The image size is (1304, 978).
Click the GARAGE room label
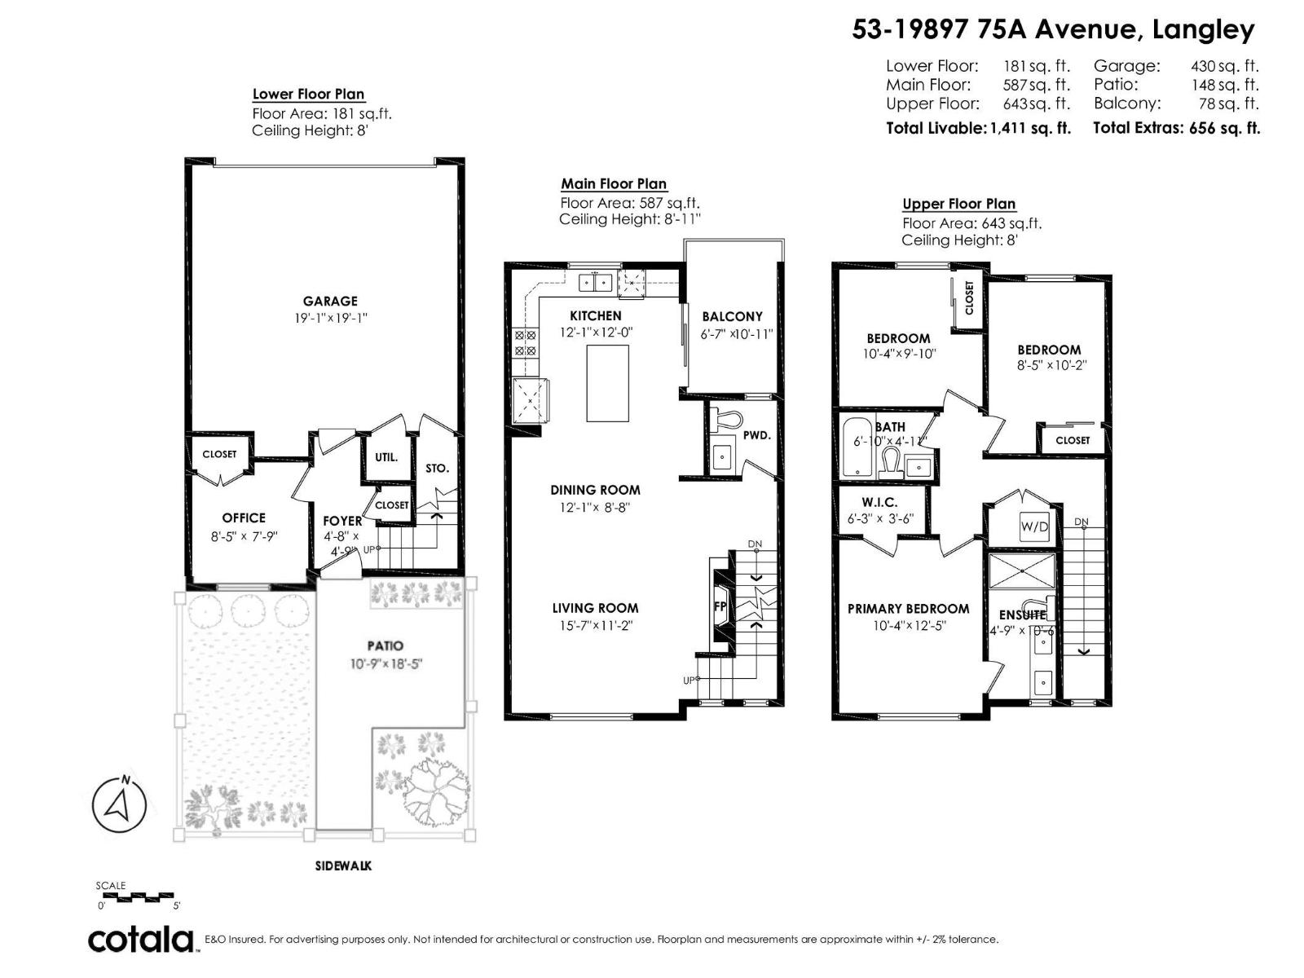click(x=330, y=301)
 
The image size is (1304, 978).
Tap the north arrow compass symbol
click(x=119, y=804)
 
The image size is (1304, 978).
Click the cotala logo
click(x=141, y=939)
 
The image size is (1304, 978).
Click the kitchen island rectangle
click(x=608, y=383)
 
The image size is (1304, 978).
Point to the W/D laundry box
click(x=1034, y=526)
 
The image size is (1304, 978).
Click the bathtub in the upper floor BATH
click(x=857, y=448)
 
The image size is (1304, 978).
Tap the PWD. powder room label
click(x=756, y=435)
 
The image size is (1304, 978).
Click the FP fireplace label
click(x=720, y=606)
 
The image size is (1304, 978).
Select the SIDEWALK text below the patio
click(x=343, y=866)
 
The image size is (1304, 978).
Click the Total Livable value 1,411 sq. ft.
click(x=1029, y=128)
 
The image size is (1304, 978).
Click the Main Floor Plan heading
click(x=614, y=184)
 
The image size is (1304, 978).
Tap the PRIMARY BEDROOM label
click(x=908, y=609)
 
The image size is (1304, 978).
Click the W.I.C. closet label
click(x=879, y=503)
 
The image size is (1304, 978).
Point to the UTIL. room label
click(x=386, y=457)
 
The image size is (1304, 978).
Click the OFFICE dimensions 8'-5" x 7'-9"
click(x=244, y=536)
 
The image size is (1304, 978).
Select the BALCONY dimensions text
click(x=737, y=334)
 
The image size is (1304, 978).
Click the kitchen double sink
click(x=596, y=283)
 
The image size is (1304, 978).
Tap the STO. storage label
click(x=437, y=469)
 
